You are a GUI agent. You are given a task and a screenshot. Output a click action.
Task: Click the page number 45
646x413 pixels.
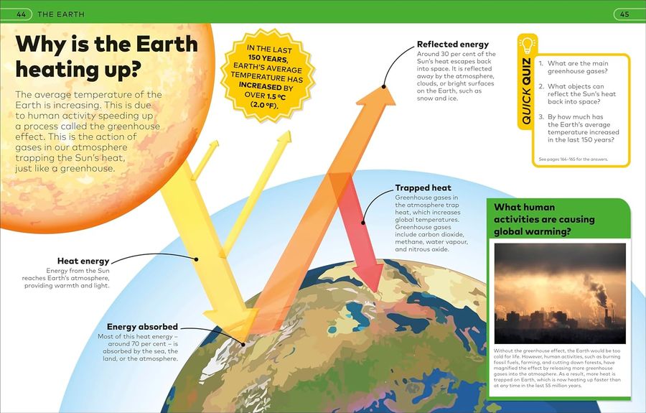[624, 14]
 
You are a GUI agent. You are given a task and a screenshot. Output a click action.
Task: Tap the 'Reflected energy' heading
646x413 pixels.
[452, 45]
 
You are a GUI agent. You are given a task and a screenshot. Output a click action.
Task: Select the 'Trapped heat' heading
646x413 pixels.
[423, 188]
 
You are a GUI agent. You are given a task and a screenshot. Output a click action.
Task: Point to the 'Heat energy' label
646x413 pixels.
[83, 261]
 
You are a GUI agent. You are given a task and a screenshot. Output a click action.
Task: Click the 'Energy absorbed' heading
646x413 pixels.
[142, 327]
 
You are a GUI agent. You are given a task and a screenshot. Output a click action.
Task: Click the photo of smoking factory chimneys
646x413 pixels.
[559, 292]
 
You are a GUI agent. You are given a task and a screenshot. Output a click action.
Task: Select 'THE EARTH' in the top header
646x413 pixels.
[61, 14]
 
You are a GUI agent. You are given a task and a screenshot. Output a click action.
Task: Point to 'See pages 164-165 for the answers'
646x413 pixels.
[573, 159]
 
